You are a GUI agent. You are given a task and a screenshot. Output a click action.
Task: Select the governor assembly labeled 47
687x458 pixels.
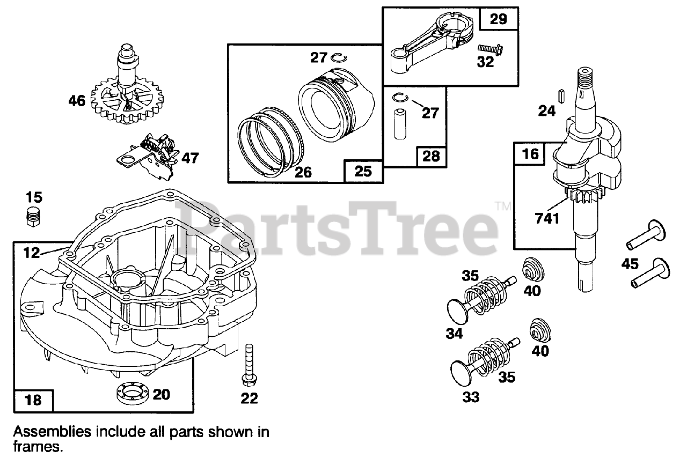(150, 156)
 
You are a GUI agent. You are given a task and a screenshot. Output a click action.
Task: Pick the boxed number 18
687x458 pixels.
(33, 400)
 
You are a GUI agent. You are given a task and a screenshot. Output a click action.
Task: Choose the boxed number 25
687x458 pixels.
(363, 171)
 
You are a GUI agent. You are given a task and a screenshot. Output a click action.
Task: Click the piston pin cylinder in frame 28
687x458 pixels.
(400, 125)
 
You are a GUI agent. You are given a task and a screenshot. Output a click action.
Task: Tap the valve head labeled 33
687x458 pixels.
(461, 371)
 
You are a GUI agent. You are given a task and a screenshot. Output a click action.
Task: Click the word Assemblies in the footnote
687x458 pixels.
(50, 432)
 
